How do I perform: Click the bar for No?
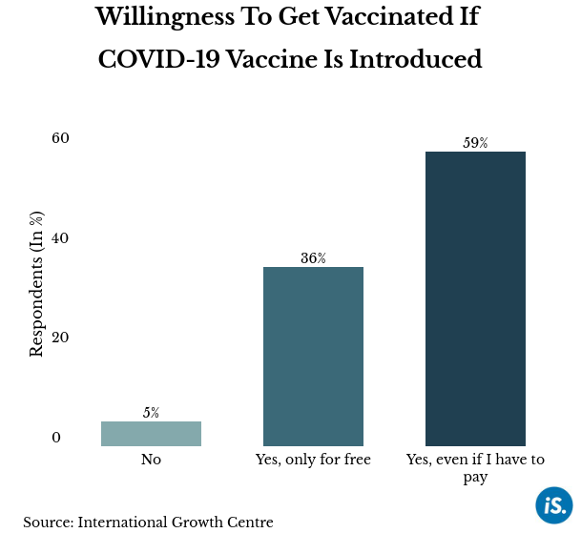(151, 434)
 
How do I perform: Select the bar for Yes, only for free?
(313, 357)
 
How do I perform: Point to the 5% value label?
(151, 413)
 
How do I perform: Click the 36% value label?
(313, 258)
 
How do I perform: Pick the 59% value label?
(475, 143)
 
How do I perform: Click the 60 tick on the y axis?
(61, 138)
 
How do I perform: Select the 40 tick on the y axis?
(61, 237)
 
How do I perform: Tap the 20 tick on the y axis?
(61, 338)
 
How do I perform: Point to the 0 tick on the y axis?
(56, 438)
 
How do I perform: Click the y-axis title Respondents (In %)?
(36, 285)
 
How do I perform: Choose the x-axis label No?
(151, 460)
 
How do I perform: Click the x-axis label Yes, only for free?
(313, 460)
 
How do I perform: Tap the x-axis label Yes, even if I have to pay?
(475, 467)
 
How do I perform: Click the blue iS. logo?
(553, 504)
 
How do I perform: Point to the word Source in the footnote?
(47, 522)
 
